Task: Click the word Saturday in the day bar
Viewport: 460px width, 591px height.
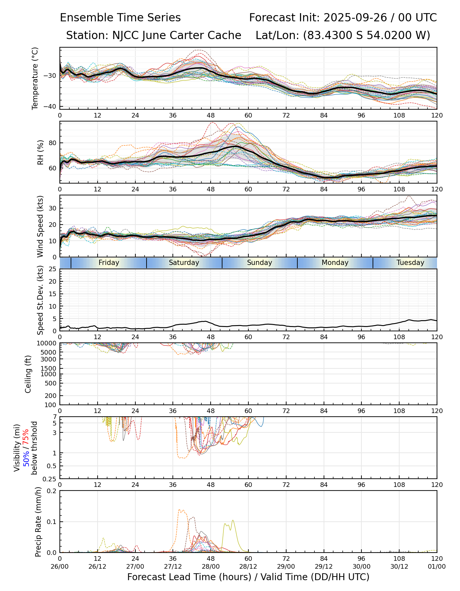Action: (x=184, y=263)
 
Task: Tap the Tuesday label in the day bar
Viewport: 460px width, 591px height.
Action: (x=410, y=263)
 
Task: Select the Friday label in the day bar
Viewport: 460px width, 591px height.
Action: (x=109, y=263)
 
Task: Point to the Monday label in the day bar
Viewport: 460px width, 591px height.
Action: (x=335, y=263)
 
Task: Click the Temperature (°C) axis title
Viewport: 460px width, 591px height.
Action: (x=35, y=78)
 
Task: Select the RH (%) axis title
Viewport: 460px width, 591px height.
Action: (x=40, y=152)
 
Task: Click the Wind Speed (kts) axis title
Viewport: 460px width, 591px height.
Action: (x=40, y=226)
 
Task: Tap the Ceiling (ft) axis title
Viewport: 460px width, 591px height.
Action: (x=28, y=374)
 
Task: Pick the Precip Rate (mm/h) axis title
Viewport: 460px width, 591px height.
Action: (x=38, y=522)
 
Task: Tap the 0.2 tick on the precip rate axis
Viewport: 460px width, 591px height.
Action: (x=52, y=491)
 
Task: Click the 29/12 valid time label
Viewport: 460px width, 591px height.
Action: (x=324, y=566)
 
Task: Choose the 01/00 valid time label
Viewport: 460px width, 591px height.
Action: (x=437, y=566)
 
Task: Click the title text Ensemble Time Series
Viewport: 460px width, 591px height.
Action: (x=120, y=18)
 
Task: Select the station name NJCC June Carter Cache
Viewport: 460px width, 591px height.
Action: (x=177, y=35)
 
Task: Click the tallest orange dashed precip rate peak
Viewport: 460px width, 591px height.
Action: (x=180, y=510)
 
